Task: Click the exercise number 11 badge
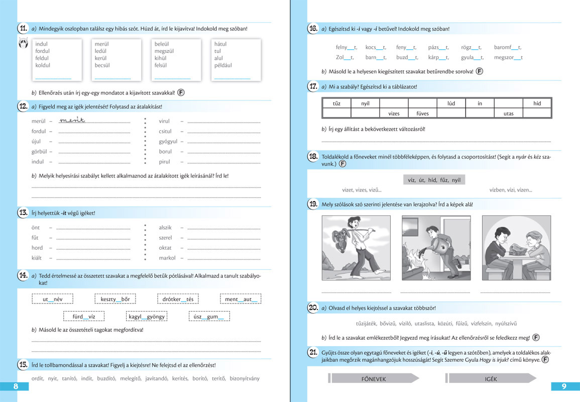(x=23, y=29)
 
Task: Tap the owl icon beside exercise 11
(x=23, y=43)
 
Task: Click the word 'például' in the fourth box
(x=223, y=65)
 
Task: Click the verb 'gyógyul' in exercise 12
(x=168, y=142)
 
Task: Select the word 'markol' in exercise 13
(x=167, y=258)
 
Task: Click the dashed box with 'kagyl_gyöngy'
(x=147, y=317)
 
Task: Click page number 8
(x=16, y=386)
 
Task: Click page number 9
(x=564, y=386)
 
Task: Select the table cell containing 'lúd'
(x=451, y=104)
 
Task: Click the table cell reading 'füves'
(x=422, y=114)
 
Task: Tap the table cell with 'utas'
(x=508, y=114)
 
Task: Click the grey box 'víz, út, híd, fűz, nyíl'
(x=434, y=179)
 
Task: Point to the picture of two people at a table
(x=516, y=248)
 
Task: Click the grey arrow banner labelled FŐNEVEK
(x=374, y=379)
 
